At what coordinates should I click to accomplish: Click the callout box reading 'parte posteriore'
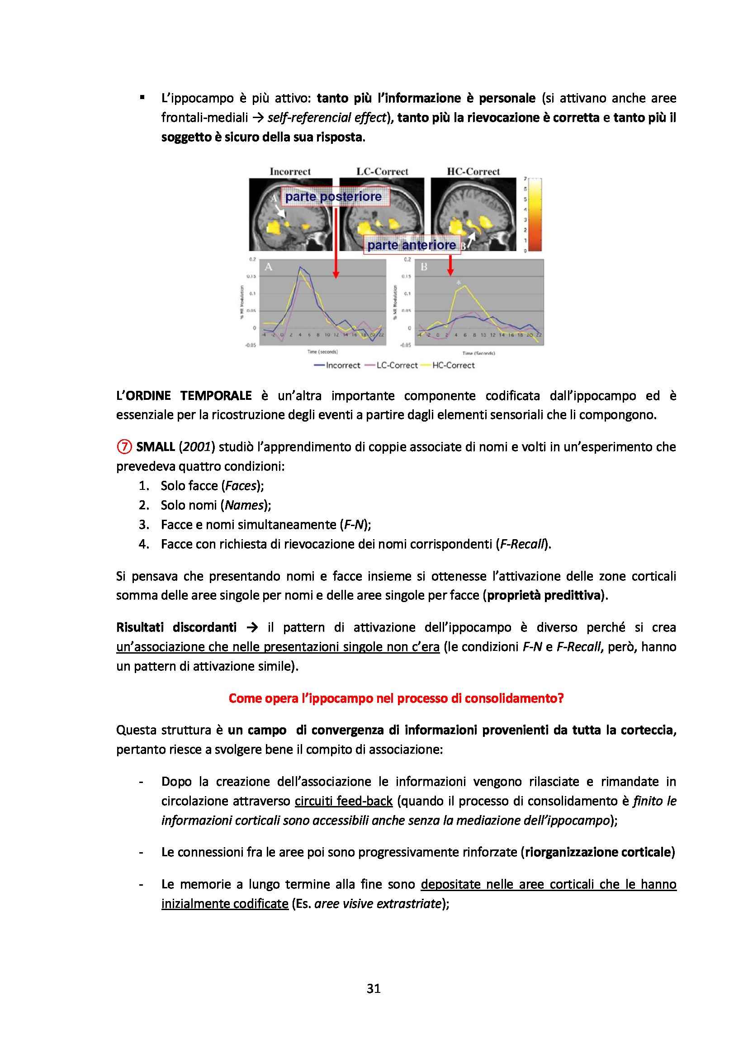click(333, 197)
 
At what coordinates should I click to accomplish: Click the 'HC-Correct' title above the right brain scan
click(473, 171)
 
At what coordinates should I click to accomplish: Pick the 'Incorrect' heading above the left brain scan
click(290, 171)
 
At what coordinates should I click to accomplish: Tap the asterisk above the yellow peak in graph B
click(458, 281)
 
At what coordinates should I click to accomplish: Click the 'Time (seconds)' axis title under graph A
click(322, 351)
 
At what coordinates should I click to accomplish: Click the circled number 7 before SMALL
click(124, 446)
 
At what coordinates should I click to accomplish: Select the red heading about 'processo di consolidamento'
click(396, 698)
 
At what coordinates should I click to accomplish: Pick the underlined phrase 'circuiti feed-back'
click(344, 801)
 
